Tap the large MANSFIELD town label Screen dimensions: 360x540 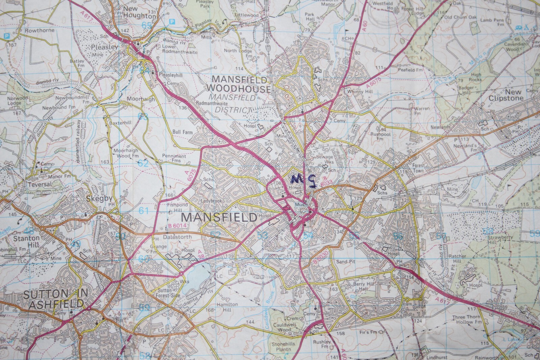[219, 217]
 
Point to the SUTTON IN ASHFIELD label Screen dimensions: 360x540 [53, 299]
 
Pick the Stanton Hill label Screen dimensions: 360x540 [26, 241]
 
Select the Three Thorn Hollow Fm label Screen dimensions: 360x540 [468, 319]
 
